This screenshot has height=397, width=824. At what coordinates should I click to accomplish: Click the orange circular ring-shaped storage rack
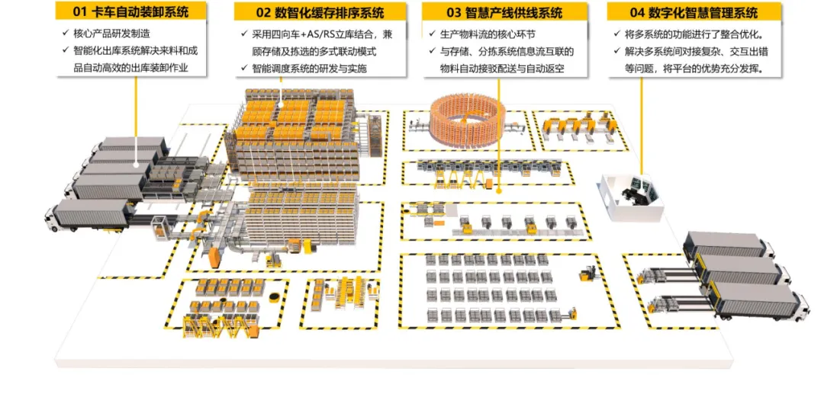(x=464, y=119)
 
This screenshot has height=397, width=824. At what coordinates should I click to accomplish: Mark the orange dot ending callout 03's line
(x=498, y=190)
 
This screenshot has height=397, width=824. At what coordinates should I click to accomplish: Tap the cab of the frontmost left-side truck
(x=56, y=216)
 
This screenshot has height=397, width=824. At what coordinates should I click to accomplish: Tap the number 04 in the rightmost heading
(x=638, y=12)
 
